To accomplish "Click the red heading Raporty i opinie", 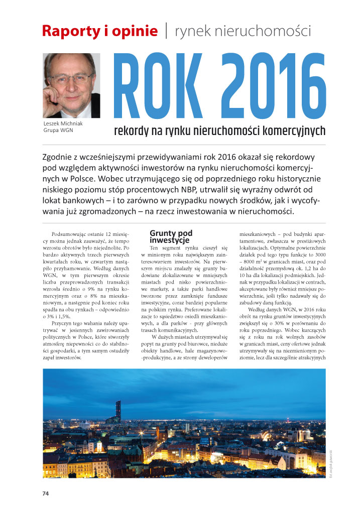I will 100,31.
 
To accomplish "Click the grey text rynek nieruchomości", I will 243,31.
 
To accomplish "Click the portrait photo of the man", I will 71,86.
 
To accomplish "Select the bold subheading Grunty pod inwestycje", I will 171,236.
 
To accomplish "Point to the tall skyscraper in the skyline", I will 118,409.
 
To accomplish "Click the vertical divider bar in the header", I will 166,31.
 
